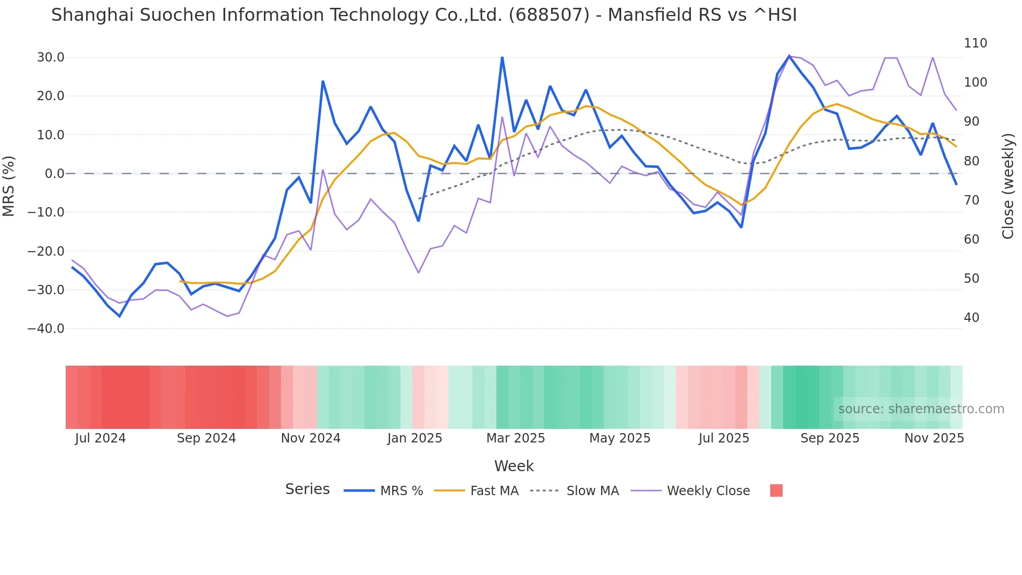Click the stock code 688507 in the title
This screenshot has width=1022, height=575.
(549, 15)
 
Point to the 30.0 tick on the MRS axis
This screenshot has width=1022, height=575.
(51, 57)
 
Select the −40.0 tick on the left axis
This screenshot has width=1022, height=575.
(46, 329)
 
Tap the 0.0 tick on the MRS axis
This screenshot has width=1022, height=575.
(54, 174)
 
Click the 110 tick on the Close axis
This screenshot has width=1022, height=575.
(975, 43)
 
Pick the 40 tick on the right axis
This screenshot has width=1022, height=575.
(971, 318)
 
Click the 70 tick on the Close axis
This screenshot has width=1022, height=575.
(971, 200)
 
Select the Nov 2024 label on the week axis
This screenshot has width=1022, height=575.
(311, 438)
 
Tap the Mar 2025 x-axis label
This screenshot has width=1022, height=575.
(516, 438)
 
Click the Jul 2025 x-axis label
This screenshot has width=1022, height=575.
(724, 438)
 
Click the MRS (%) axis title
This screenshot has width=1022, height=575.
(9, 186)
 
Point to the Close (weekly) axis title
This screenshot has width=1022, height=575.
(1008, 186)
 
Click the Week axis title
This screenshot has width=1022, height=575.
(514, 466)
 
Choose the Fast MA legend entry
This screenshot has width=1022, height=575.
(494, 491)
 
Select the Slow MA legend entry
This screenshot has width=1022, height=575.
(592, 491)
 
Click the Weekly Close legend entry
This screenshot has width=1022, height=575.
(708, 491)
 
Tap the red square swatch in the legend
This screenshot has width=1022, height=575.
(776, 490)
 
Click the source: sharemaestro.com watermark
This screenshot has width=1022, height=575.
(921, 409)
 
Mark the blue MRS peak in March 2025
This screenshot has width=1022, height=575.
(502, 57)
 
